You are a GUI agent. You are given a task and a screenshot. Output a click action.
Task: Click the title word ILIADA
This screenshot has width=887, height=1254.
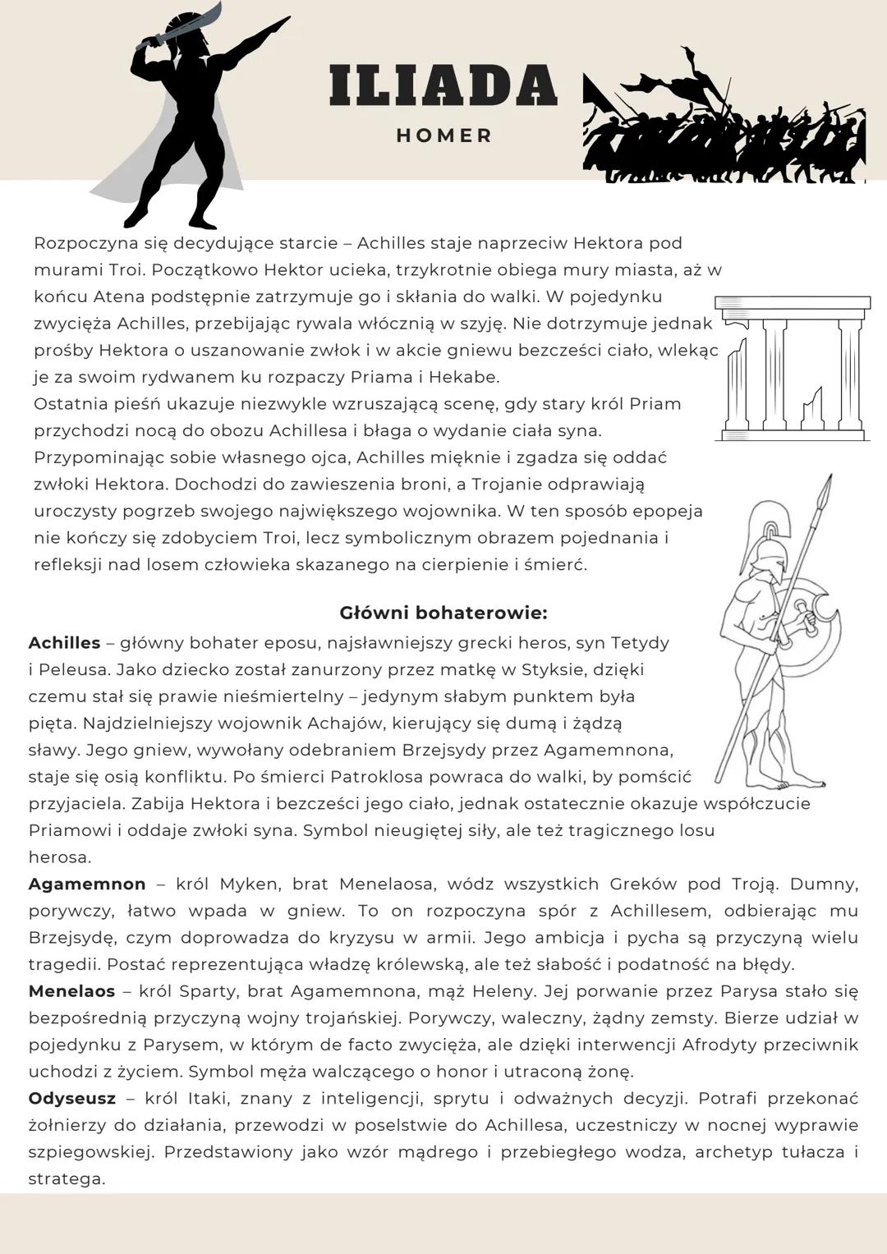(443, 85)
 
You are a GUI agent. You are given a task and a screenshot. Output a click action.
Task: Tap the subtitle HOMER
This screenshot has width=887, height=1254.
(444, 136)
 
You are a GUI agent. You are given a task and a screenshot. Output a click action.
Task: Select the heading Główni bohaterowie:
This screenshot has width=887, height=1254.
(443, 613)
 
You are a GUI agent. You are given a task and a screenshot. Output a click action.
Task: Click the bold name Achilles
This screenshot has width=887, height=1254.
(64, 643)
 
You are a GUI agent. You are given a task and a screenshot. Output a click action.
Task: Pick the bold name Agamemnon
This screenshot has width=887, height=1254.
(87, 884)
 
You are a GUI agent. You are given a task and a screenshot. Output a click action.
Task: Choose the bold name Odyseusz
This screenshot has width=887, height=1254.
(71, 1099)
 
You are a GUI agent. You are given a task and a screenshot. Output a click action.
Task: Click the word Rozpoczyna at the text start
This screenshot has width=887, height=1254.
(80, 244)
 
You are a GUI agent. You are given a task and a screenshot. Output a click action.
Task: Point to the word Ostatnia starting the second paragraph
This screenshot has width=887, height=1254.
(68, 404)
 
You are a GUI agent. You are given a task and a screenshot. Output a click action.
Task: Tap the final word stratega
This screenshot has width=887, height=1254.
(67, 1179)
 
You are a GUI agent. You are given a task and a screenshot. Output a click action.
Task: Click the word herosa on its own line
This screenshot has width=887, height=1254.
(59, 857)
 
